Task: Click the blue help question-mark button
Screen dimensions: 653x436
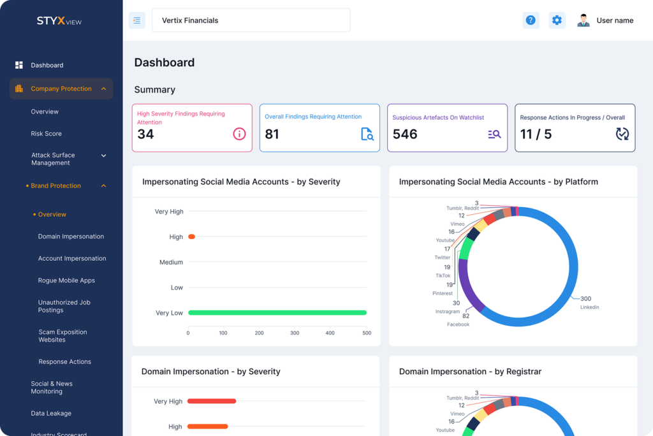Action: (531, 20)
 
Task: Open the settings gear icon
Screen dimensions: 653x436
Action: (557, 20)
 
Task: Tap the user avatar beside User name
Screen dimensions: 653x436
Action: (583, 20)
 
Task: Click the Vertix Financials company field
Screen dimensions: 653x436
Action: (251, 20)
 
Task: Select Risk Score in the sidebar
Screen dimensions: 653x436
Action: (46, 134)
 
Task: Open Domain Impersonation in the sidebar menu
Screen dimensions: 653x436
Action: (71, 236)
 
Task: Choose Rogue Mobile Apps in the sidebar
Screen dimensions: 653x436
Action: (66, 280)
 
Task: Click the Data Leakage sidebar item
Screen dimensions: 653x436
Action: (51, 413)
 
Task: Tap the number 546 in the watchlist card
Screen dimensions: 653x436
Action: (405, 134)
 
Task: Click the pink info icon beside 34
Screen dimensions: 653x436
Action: (239, 134)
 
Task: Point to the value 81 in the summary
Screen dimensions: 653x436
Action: (272, 134)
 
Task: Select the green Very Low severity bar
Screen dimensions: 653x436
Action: (277, 313)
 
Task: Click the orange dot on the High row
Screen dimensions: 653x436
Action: (191, 236)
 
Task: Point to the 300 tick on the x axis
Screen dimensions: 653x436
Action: (295, 333)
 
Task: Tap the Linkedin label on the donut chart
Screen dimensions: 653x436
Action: (590, 307)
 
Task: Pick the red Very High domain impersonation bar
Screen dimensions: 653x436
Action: (212, 401)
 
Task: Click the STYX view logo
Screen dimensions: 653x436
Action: (59, 21)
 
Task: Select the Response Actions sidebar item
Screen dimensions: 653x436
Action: (64, 361)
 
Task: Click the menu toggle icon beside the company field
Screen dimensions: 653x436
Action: (136, 20)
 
